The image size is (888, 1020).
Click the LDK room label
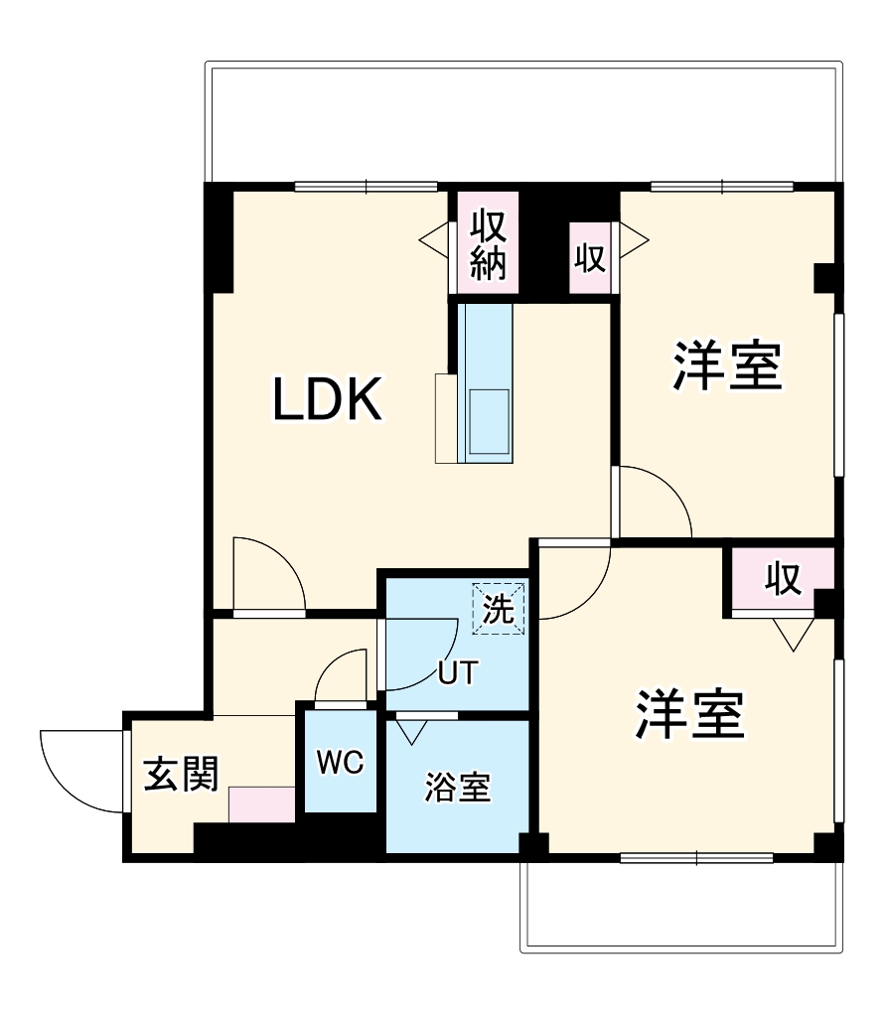328,401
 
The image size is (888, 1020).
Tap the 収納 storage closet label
488,244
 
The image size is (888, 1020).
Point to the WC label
340,763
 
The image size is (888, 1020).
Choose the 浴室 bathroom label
457,788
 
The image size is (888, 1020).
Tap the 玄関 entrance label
181,774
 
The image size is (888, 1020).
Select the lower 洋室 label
690,715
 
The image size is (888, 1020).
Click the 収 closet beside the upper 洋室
589,258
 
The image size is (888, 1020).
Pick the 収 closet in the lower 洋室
783,579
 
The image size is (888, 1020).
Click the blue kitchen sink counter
487,382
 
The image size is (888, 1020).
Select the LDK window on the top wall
366,186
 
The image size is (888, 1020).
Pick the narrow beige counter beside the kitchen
446,418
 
